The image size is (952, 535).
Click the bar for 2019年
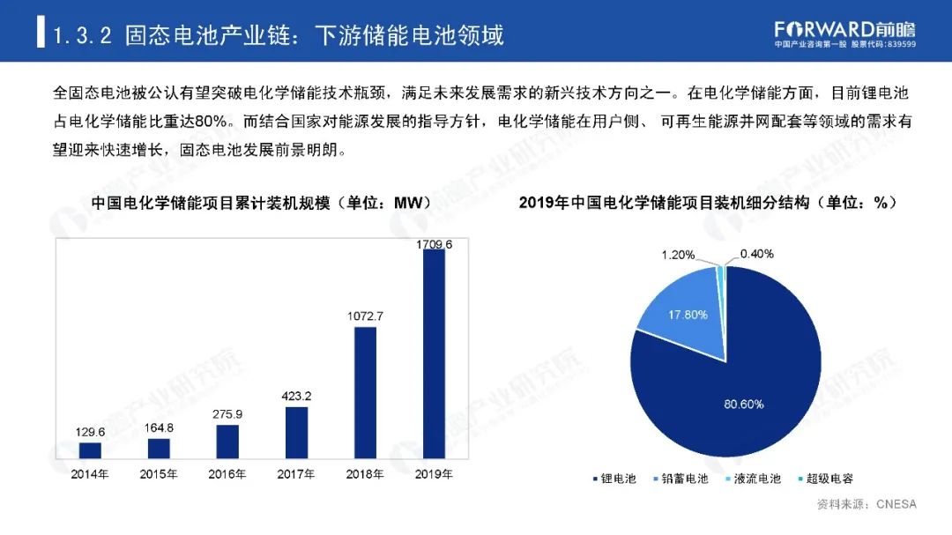[435, 354]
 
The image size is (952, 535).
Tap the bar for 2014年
[90, 450]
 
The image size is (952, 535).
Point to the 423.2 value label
[297, 396]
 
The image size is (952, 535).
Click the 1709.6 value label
[435, 243]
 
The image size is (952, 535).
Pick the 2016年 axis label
[227, 474]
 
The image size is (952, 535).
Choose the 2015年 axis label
[159, 474]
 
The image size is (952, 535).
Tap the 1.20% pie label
[679, 255]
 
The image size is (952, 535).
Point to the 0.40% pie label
[756, 254]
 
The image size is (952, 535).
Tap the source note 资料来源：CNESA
[866, 505]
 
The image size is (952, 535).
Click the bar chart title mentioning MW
[260, 203]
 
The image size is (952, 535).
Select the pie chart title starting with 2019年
[708, 203]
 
